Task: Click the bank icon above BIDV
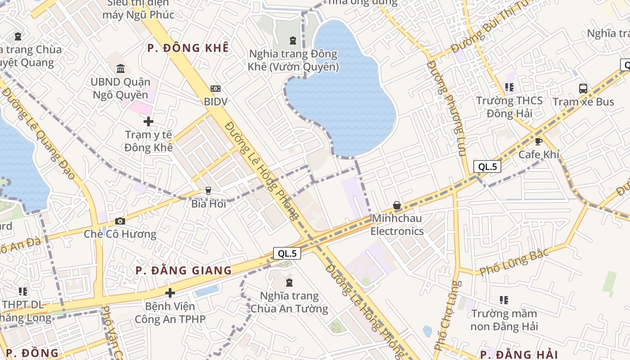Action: pyautogui.click(x=216, y=89)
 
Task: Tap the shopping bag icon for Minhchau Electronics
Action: pyautogui.click(x=397, y=206)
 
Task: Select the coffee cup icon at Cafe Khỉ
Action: pyautogui.click(x=538, y=141)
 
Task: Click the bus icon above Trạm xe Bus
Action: pyautogui.click(x=583, y=88)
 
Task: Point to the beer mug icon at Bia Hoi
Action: pyautogui.click(x=208, y=191)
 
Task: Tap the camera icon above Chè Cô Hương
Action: pyautogui.click(x=120, y=221)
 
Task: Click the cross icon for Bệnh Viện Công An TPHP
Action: pyautogui.click(x=170, y=293)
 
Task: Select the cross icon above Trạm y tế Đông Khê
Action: pyautogui.click(x=148, y=121)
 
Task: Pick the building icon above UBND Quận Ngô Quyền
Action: pyautogui.click(x=121, y=69)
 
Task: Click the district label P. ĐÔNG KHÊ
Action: pyautogui.click(x=188, y=48)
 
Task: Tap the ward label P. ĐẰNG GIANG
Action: pyautogui.click(x=184, y=270)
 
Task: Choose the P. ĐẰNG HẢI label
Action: pyautogui.click(x=519, y=354)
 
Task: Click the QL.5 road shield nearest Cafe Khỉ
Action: pyautogui.click(x=487, y=166)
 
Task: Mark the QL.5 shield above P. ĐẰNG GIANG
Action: pyautogui.click(x=287, y=253)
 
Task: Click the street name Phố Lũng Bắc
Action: pyautogui.click(x=514, y=262)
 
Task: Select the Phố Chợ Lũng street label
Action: pyautogui.click(x=447, y=315)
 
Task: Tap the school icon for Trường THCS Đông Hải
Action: pyautogui.click(x=509, y=87)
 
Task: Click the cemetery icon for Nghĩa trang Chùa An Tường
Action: pyautogui.click(x=289, y=283)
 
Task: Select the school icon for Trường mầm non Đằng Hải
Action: pyautogui.click(x=504, y=300)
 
